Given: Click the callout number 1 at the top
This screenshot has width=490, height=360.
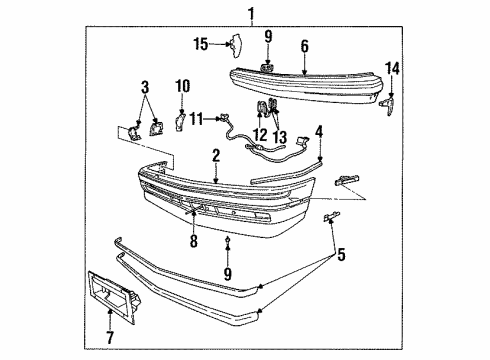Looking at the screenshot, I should [x=251, y=14].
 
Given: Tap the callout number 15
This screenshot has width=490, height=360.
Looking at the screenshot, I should [x=200, y=43].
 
